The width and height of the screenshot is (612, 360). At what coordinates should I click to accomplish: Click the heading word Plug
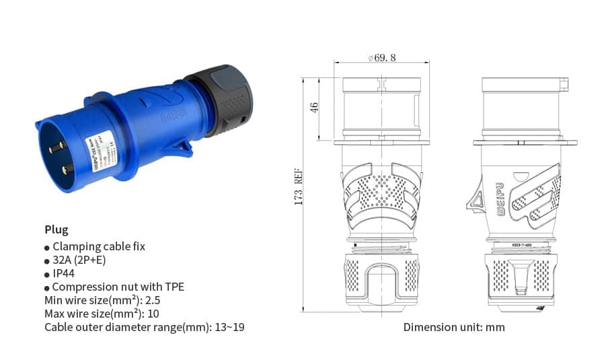[x=56, y=229]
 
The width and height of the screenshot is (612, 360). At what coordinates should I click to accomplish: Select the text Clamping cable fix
[x=98, y=246]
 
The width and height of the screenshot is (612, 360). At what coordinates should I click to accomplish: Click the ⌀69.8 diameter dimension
[x=381, y=58]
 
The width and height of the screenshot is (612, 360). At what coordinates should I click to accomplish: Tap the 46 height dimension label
[x=314, y=108]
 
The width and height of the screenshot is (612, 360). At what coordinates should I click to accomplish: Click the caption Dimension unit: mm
[x=454, y=328]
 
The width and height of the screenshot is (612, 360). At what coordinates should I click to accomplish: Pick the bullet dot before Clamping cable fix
[x=47, y=248]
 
